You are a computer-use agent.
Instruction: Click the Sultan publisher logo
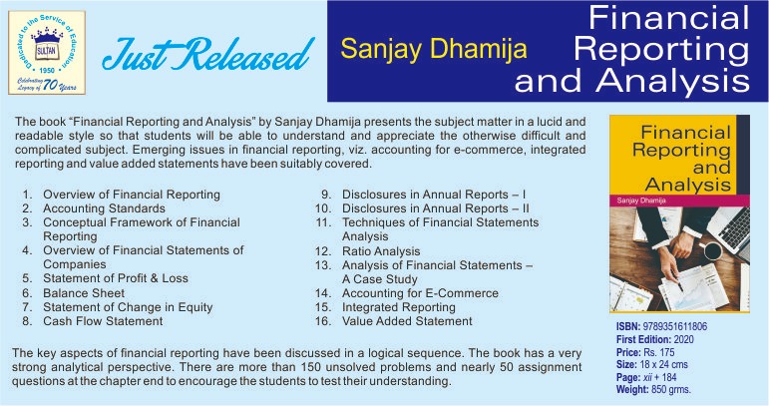47,53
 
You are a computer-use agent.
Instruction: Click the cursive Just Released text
207,54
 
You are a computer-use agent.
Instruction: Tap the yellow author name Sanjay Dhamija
434,49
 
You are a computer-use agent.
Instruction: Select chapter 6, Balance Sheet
84,293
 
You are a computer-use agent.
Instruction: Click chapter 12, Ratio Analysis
381,251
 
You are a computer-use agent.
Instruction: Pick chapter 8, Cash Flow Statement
103,321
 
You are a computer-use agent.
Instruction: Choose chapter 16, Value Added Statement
407,321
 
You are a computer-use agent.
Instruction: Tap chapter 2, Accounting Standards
104,208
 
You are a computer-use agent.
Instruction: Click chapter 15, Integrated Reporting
399,307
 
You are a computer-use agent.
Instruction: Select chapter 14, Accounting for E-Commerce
420,293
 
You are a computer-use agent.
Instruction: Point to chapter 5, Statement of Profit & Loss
116,278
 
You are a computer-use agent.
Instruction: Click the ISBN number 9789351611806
675,326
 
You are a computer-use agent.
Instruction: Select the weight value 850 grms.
671,390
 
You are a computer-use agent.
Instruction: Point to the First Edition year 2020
683,339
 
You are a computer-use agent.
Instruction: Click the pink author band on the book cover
680,201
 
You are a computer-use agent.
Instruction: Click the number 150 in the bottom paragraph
310,367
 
